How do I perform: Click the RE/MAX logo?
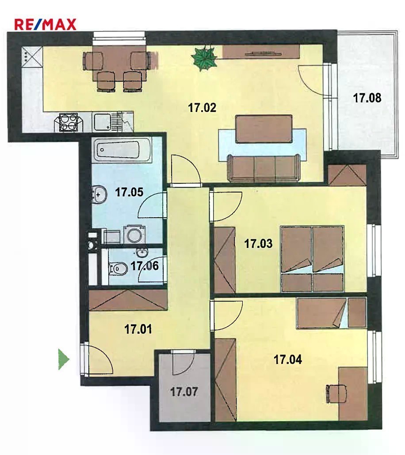[x=45, y=24]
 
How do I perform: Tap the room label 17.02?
[x=202, y=108]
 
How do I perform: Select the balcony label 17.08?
[x=367, y=98]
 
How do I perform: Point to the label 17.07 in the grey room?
[x=184, y=392]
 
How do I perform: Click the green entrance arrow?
[x=64, y=359]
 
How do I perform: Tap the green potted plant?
[x=205, y=58]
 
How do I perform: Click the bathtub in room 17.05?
[x=121, y=150]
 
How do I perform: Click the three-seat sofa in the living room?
[x=264, y=168]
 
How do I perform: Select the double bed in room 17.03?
[x=312, y=259]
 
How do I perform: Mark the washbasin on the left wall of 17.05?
[x=98, y=194]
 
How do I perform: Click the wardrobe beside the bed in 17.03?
[x=225, y=260]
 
